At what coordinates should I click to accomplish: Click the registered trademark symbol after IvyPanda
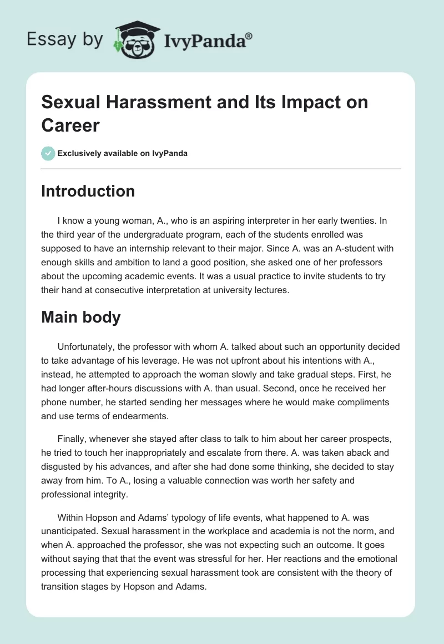(x=249, y=36)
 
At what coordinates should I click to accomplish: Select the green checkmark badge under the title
(x=48, y=153)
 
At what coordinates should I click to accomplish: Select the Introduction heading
(x=88, y=191)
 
